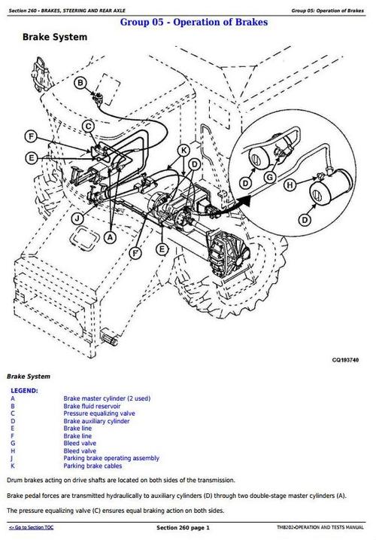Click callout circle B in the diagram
click(80, 83)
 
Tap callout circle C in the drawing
click(89, 127)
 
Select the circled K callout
click(184, 151)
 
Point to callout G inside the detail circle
click(270, 177)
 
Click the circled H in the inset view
click(290, 185)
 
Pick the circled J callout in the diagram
click(77, 218)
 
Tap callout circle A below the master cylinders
click(110, 237)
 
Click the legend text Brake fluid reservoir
click(92, 406)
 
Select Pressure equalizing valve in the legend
click(99, 413)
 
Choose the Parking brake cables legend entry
click(92, 465)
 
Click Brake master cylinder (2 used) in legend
click(107, 398)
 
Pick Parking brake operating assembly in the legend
click(111, 458)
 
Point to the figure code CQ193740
click(345, 360)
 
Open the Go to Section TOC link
click(31, 527)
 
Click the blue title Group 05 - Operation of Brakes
click(194, 22)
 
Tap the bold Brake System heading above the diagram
click(55, 37)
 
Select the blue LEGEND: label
click(24, 391)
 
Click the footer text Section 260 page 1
click(183, 528)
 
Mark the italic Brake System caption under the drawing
click(29, 377)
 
